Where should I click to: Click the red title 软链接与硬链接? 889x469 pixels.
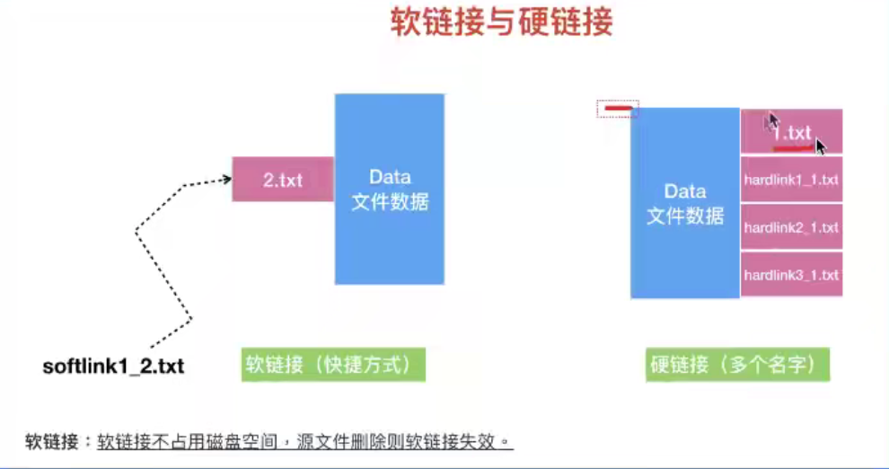(x=502, y=22)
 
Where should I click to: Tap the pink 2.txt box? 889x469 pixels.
(x=283, y=180)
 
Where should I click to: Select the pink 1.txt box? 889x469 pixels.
(x=791, y=131)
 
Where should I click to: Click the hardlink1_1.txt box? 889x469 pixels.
(x=791, y=180)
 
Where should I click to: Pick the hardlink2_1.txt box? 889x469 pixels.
(x=791, y=227)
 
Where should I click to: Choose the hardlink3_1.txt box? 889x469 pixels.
(x=791, y=275)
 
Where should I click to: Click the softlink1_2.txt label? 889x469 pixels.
(x=113, y=367)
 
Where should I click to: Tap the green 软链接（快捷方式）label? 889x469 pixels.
(x=333, y=365)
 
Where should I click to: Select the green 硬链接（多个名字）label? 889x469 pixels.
(x=737, y=365)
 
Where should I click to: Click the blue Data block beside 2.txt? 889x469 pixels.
(x=390, y=189)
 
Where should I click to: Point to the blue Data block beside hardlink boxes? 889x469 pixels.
(x=685, y=203)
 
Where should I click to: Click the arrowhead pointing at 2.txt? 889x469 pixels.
(x=227, y=179)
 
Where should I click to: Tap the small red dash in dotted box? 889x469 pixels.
(x=618, y=108)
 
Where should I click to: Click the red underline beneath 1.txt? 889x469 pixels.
(x=793, y=148)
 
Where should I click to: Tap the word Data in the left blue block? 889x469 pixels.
(x=390, y=177)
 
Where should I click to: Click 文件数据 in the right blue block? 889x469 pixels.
(x=685, y=216)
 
